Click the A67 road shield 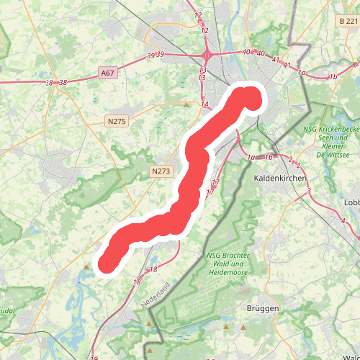point(107,73)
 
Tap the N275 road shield point(117,122)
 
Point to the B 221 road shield point(348,22)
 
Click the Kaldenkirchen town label point(280,177)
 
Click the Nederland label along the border point(156,296)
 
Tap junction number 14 point(204,105)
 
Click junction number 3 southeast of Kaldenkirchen point(308,191)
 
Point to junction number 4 point(343,220)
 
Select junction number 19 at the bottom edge point(94,358)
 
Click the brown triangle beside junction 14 point(186,106)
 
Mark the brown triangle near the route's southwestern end point(87,266)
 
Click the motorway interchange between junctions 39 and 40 point(207,55)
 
